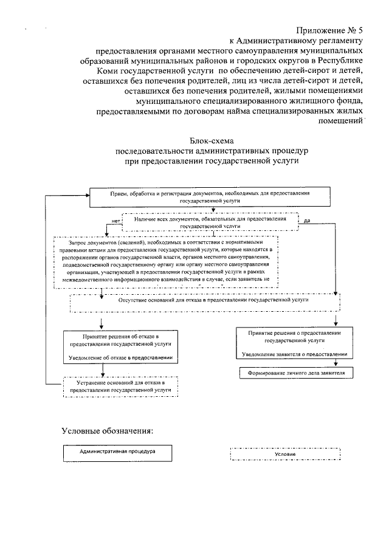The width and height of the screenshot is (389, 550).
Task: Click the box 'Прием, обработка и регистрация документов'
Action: point(210,196)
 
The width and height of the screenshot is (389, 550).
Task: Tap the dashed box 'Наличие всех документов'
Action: point(210,221)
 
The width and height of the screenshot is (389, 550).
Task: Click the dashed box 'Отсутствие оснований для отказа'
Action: point(204,300)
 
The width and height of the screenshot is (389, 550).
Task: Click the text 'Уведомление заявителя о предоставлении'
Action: point(294,354)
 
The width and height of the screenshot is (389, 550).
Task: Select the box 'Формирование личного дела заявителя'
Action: point(294,372)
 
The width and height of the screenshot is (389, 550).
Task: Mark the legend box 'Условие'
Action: point(284,454)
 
